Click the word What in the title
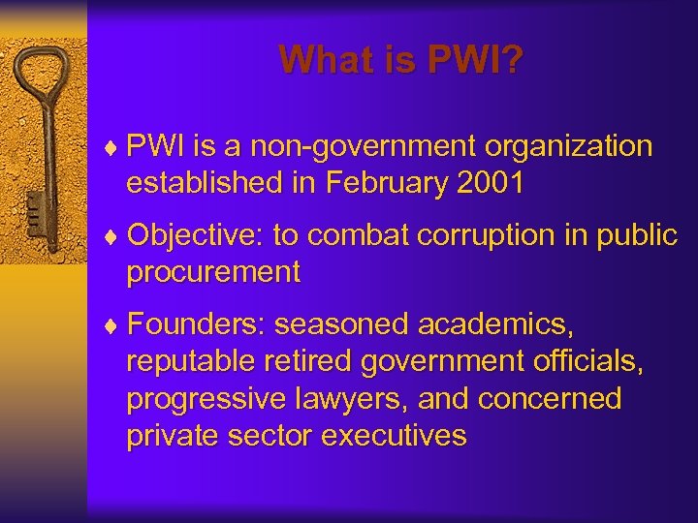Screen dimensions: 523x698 pos(320,61)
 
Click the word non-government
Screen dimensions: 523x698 pos(360,147)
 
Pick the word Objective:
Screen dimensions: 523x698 pos(194,235)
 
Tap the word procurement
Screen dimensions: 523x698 pos(213,272)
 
